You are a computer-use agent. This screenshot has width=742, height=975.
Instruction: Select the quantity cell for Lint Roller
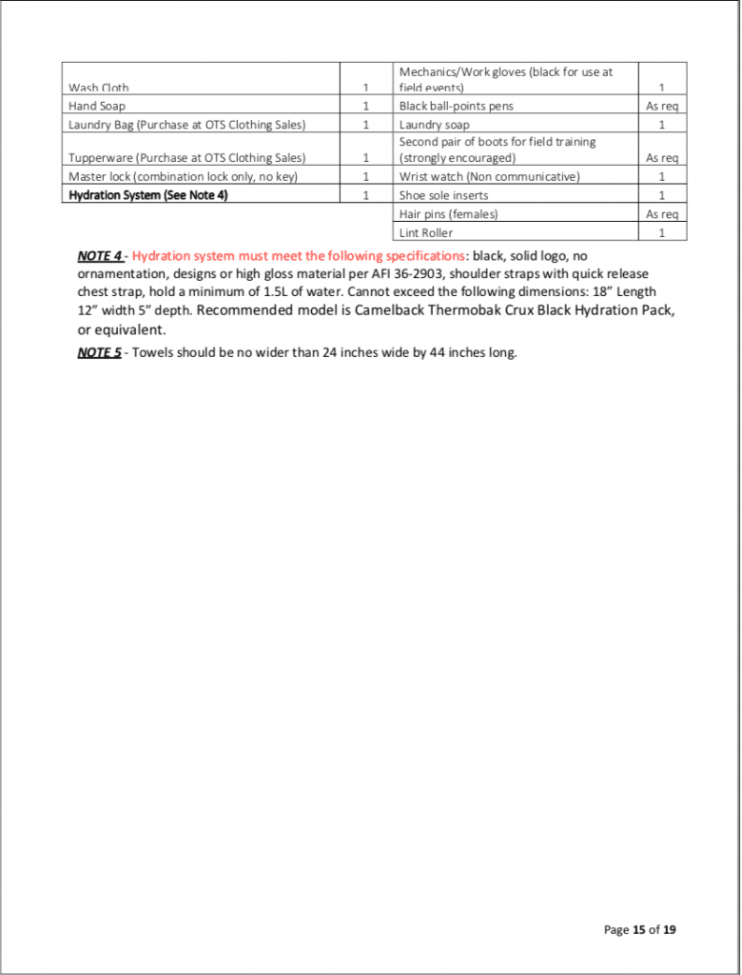point(661,232)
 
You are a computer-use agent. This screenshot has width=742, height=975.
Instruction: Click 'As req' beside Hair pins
point(661,214)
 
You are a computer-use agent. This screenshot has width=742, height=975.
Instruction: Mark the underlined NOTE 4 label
point(100,256)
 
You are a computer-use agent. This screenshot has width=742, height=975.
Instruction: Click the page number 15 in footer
point(639,930)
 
